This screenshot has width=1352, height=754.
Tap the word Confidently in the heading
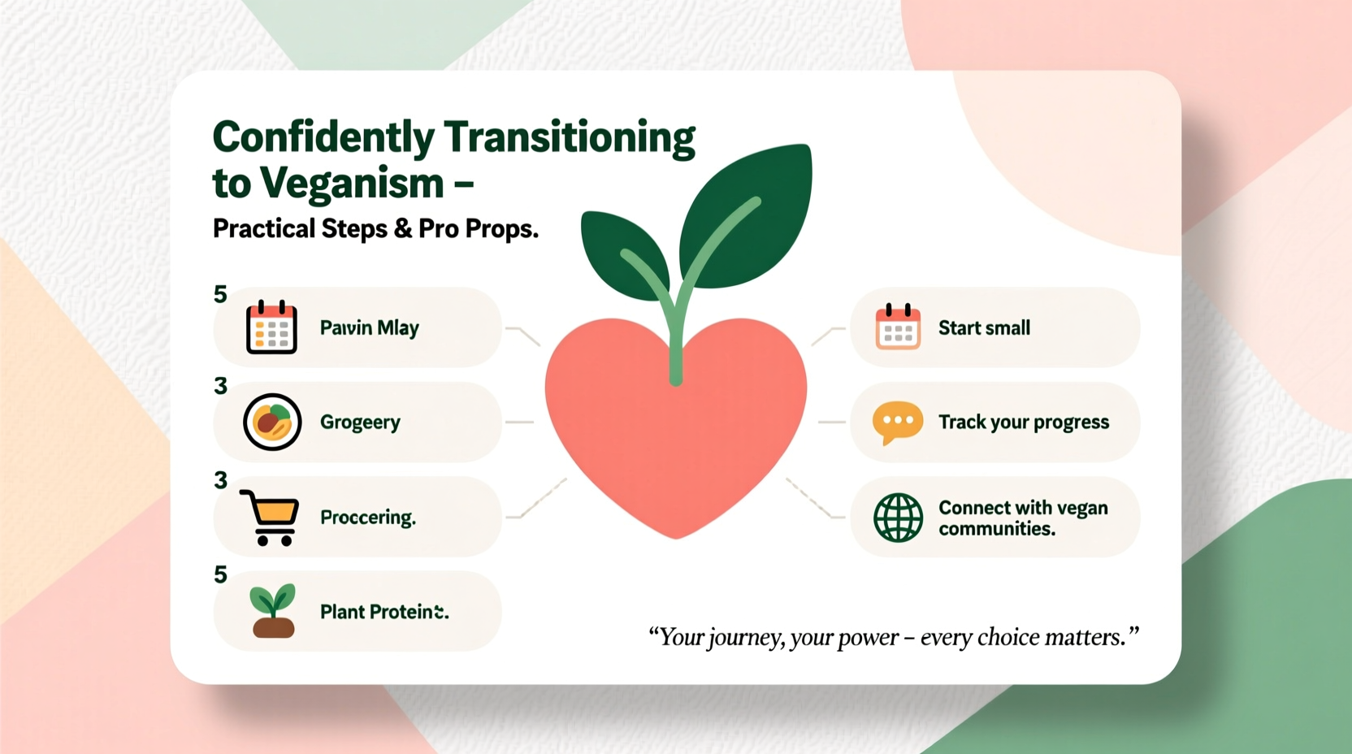[323, 137]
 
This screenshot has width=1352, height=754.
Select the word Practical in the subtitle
[264, 229]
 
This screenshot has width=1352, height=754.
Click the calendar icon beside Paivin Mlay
[271, 327]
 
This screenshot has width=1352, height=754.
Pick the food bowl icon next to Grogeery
[272, 422]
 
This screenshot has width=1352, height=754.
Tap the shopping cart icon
[271, 518]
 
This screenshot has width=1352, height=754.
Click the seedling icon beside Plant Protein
[273, 611]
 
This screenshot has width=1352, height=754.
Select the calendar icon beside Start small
[898, 327]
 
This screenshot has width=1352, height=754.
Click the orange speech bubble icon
[897, 422]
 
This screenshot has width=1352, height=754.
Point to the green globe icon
[898, 518]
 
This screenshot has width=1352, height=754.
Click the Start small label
[984, 328]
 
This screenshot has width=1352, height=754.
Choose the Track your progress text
[1023, 422]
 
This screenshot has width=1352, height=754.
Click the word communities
[996, 529]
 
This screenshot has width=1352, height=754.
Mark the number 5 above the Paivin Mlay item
[220, 294]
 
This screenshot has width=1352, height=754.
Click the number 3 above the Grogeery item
[220, 386]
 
